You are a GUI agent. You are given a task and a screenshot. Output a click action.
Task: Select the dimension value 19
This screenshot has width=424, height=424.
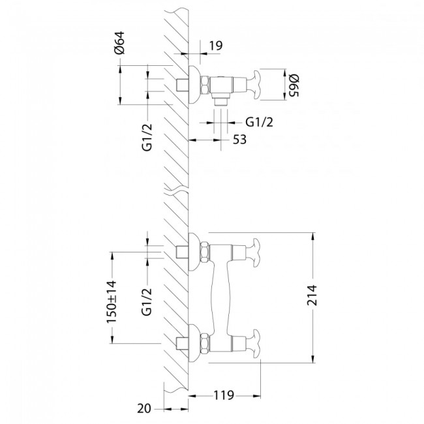coord(217,47)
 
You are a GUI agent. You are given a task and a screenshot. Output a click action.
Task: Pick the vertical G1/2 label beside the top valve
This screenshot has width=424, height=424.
coord(147,138)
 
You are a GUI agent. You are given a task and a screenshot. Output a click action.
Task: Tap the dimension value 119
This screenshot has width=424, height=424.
coord(224,395)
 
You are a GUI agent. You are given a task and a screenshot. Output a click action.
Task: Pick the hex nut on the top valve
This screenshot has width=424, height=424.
coord(204,85)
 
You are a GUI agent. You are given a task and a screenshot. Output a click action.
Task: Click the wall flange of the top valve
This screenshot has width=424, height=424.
coord(194,85)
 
